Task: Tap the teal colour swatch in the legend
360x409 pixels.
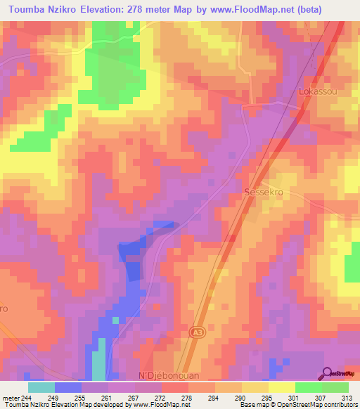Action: pyautogui.click(x=41, y=387)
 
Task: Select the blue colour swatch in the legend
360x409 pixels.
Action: pyautogui.click(x=68, y=387)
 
